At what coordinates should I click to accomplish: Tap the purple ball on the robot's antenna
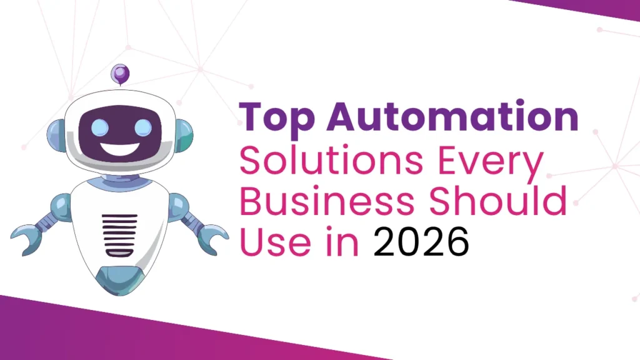[x=119, y=74]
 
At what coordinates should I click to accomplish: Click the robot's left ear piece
[x=57, y=134]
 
